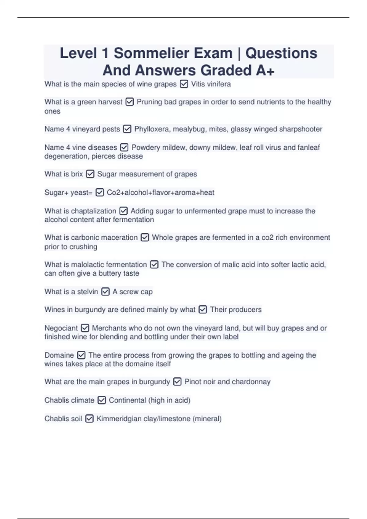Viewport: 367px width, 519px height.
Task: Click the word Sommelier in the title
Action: coord(173,53)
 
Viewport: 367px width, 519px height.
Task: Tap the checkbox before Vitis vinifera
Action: coord(184,84)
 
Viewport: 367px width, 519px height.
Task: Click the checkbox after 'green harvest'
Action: coord(130,102)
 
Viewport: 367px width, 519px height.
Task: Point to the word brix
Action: coord(77,174)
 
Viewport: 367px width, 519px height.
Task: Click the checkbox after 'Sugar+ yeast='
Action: coord(100,193)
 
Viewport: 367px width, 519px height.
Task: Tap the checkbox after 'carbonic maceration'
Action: coord(145,238)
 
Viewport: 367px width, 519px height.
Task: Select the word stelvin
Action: coord(87,292)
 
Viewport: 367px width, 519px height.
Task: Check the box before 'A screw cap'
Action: coord(105,292)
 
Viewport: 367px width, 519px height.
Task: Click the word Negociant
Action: coord(61,328)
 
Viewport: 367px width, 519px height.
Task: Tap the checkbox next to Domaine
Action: coord(81,355)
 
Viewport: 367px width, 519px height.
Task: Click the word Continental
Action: coord(127,400)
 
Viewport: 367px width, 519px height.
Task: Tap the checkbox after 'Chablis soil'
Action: coord(89,419)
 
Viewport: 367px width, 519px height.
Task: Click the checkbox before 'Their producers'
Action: coord(203,310)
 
